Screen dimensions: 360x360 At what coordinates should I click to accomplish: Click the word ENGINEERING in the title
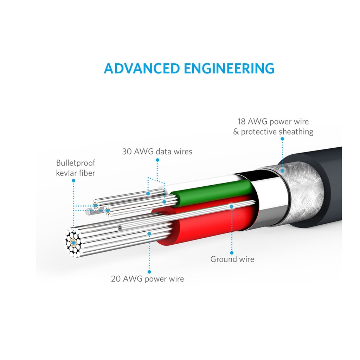pyautogui.click(x=229, y=68)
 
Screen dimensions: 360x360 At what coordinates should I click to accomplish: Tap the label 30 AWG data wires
pyautogui.click(x=157, y=152)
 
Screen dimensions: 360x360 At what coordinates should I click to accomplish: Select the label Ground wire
pyautogui.click(x=232, y=259)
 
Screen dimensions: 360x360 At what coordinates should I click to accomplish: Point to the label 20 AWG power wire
pyautogui.click(x=147, y=279)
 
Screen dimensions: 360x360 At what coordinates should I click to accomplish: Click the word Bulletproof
pyautogui.click(x=76, y=163)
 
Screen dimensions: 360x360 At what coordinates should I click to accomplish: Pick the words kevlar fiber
pyautogui.click(x=76, y=173)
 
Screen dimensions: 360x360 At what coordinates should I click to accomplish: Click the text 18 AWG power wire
pyautogui.click(x=273, y=122)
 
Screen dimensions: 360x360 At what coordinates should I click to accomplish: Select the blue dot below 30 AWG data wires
pyautogui.click(x=157, y=160)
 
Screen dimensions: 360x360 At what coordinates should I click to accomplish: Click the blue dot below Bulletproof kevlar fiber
pyautogui.click(x=73, y=180)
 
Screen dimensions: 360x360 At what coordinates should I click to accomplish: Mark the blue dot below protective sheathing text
pyautogui.click(x=282, y=139)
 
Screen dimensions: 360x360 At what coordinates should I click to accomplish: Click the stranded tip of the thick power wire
pyautogui.click(x=73, y=243)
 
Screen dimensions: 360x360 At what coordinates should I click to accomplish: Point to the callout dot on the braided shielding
pyautogui.click(x=282, y=171)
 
